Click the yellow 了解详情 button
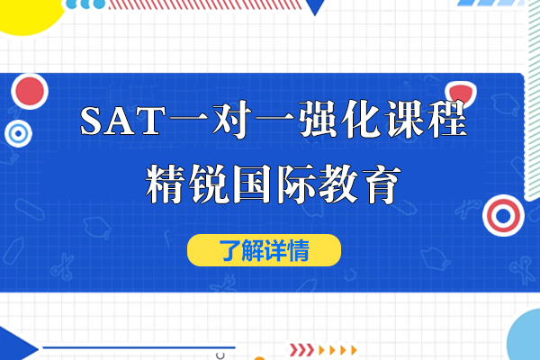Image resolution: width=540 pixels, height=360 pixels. [x=264, y=249]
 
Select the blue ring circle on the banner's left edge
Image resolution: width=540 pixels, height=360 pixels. [x=17, y=135]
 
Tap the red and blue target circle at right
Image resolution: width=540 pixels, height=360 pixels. [x=501, y=213]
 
